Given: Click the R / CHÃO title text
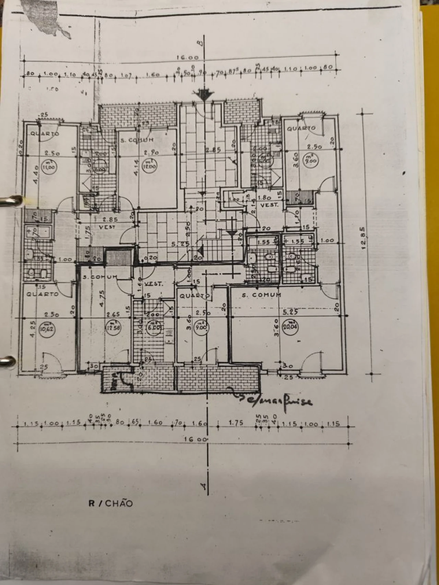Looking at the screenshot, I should (110, 503).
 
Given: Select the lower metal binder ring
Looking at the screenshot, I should (8, 363).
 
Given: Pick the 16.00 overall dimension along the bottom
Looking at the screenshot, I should (195, 439).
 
